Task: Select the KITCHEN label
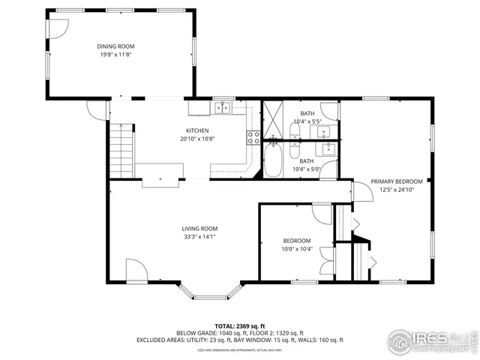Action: [x=198, y=130]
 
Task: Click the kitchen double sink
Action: [x=222, y=108]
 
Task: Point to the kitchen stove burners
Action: [x=253, y=136]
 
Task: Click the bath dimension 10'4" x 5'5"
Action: [x=307, y=121]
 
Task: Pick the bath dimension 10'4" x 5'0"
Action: [x=307, y=169]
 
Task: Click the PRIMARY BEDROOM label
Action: [x=397, y=181]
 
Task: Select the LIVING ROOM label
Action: [x=199, y=229]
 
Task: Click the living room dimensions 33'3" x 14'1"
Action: [x=199, y=237]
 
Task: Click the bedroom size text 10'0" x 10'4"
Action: [x=296, y=249]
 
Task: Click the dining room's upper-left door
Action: [x=55, y=28]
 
